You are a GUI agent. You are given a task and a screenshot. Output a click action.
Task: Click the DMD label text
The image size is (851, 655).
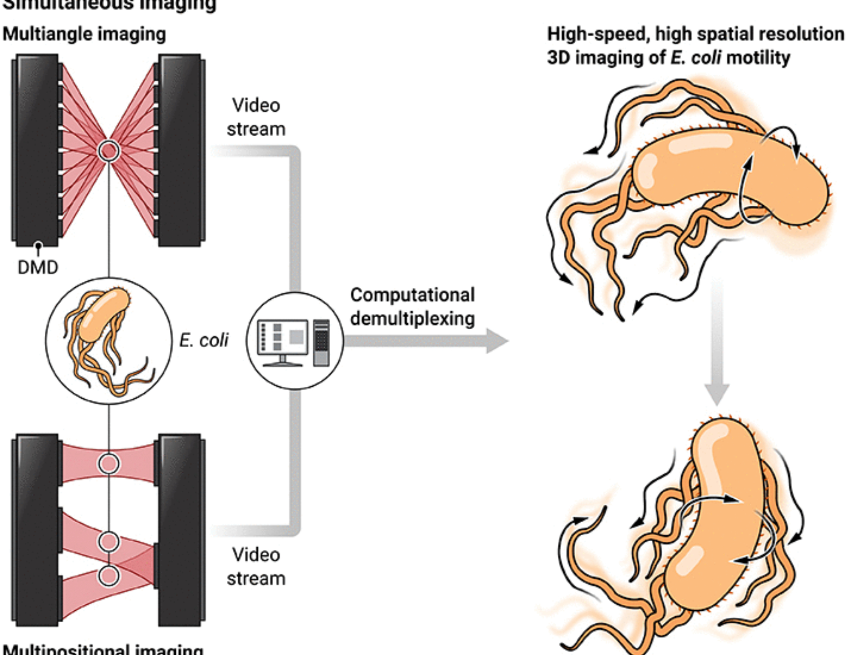(38, 268)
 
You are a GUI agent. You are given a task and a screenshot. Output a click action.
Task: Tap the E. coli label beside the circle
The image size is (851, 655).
(203, 340)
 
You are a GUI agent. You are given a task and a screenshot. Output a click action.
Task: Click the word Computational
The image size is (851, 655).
(412, 295)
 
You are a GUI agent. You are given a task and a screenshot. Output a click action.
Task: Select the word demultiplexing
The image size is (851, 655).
(412, 319)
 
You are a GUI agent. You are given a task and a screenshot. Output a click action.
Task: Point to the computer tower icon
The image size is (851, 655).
(321, 342)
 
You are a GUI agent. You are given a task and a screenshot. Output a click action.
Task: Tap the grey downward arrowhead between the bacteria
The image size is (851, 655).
(717, 394)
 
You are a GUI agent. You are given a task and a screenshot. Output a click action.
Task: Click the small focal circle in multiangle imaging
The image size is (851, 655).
(109, 151)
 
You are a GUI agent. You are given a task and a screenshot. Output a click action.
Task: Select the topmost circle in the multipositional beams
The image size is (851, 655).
(109, 463)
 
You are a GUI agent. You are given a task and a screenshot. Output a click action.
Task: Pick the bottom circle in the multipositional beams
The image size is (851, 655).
(109, 576)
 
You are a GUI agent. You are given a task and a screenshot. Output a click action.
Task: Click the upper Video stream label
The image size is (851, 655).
(256, 117)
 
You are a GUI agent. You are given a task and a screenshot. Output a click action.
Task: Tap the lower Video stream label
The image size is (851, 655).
(256, 566)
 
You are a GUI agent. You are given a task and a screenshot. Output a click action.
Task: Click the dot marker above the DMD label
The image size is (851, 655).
(38, 246)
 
